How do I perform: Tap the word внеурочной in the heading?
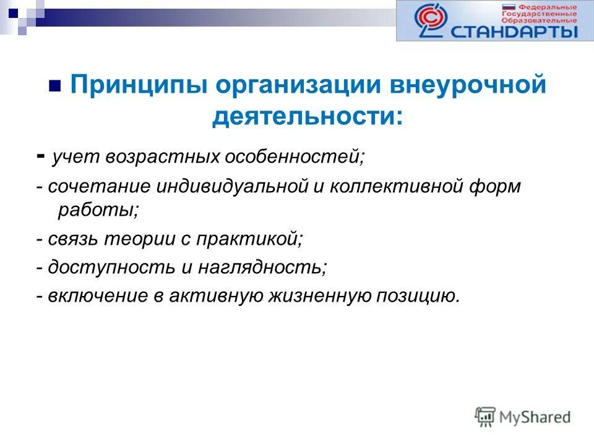coord(467,85)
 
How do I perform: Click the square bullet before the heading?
coord(54,86)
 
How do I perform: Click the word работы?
coord(98,210)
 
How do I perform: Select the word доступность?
coord(106,267)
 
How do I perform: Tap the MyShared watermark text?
coord(535,417)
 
